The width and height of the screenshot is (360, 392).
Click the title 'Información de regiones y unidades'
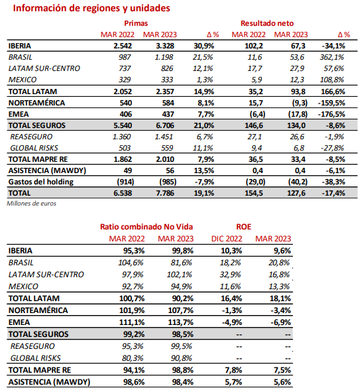click(91, 8)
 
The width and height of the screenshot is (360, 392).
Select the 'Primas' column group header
click(136, 23)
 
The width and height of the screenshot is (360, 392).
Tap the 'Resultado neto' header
click(267, 23)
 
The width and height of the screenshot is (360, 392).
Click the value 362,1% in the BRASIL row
click(332, 57)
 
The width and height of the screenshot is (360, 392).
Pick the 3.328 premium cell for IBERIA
click(165, 46)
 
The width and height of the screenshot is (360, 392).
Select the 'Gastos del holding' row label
click(41, 182)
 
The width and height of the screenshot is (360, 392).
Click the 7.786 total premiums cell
click(165, 193)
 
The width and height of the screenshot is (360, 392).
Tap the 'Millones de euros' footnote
click(31, 204)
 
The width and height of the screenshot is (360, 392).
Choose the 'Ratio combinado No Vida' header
click(147, 227)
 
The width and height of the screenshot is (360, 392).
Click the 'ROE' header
click(243, 227)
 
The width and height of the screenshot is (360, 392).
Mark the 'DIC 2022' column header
click(227, 239)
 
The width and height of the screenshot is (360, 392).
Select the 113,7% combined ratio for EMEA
click(180, 322)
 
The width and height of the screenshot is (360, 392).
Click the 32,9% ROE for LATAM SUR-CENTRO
click(230, 275)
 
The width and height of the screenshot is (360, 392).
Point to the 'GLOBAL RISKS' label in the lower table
click(36, 358)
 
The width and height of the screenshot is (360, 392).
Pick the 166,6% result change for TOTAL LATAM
click(333, 92)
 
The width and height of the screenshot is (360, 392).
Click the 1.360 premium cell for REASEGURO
click(122, 137)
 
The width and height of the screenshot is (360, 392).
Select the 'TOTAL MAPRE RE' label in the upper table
click(38, 159)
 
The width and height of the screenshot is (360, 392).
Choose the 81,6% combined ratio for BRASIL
click(182, 263)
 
